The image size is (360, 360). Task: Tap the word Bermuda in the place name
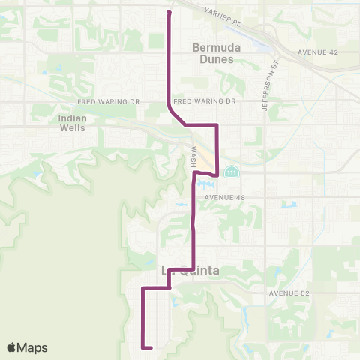pyautogui.click(x=214, y=47)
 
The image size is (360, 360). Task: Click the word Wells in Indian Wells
pyautogui.click(x=72, y=128)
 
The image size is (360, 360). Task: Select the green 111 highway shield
pyautogui.click(x=233, y=172)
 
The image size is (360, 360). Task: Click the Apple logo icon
pyautogui.click(x=12, y=347)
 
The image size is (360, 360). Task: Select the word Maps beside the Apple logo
pyautogui.click(x=32, y=347)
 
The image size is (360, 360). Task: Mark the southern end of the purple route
pyautogui.click(x=152, y=348)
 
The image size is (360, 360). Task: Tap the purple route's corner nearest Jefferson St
pyautogui.click(x=217, y=124)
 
